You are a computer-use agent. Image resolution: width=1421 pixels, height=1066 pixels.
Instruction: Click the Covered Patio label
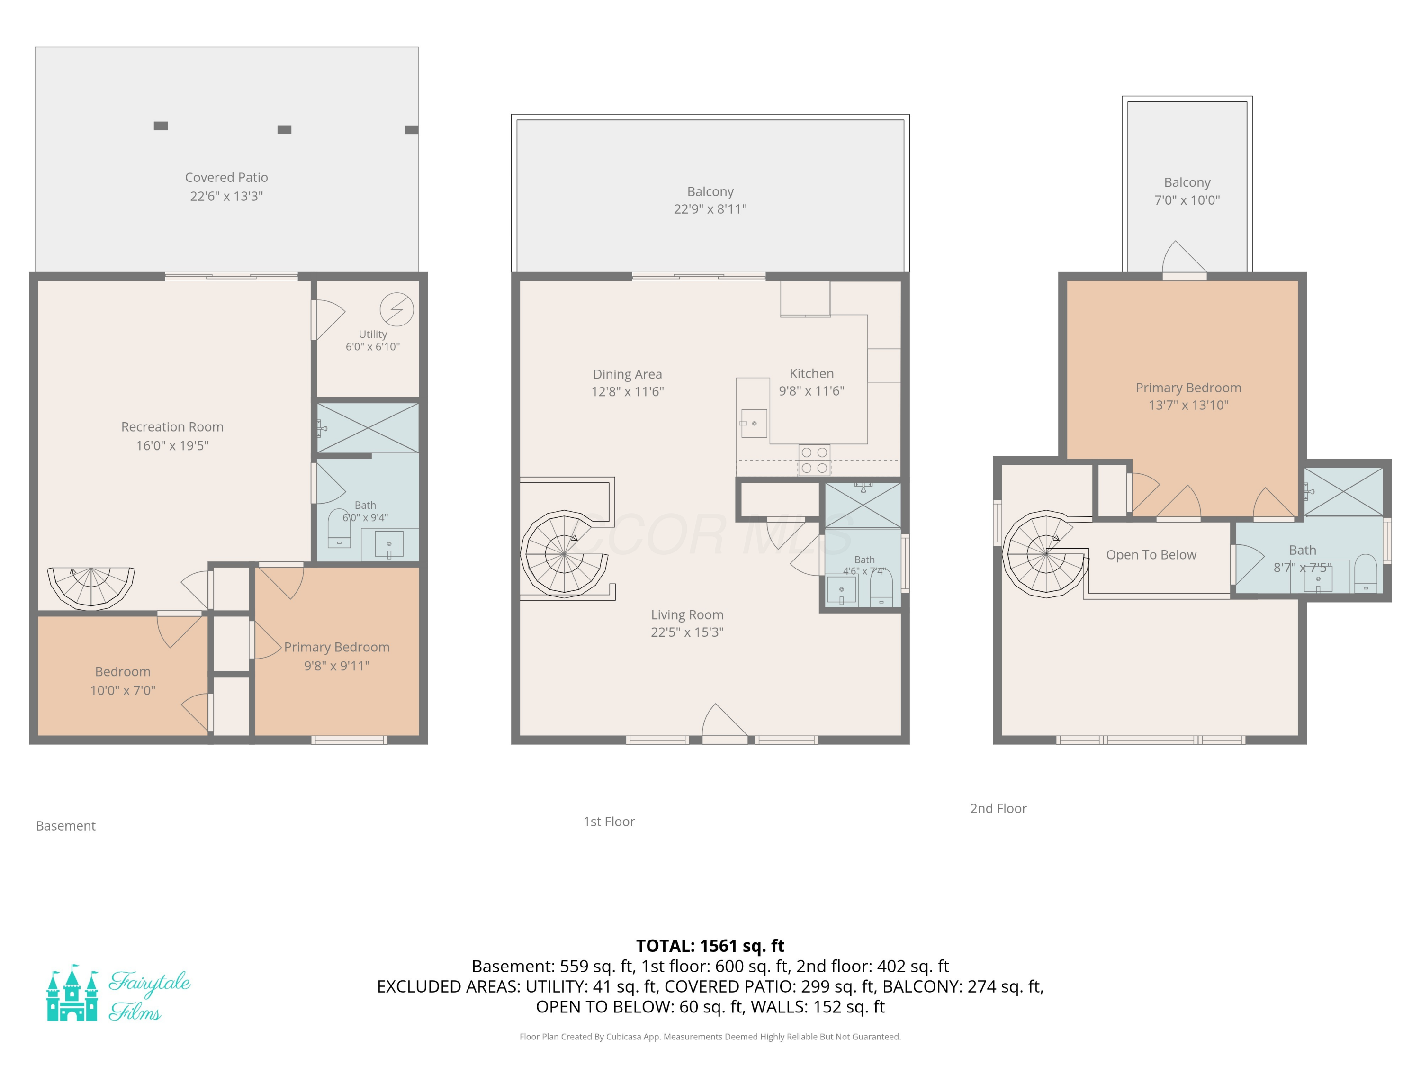click(x=226, y=177)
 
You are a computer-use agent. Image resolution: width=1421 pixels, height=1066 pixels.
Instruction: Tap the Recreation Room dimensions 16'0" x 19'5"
click(x=172, y=445)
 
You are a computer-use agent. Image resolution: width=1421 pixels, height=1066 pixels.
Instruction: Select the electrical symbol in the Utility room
click(x=396, y=309)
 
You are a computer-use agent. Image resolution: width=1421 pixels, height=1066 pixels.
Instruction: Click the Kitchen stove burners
click(x=814, y=460)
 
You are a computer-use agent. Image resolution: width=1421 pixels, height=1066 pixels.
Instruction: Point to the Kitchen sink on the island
click(x=753, y=424)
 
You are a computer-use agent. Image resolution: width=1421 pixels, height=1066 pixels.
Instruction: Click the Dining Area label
click(x=627, y=374)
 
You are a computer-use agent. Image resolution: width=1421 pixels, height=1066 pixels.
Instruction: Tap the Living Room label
click(x=687, y=615)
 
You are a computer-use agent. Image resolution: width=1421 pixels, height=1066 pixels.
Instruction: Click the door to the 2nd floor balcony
click(x=1184, y=260)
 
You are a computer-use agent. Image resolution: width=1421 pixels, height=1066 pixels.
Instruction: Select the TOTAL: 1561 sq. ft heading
click(x=710, y=946)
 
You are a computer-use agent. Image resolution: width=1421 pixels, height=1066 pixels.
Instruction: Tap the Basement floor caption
click(x=65, y=826)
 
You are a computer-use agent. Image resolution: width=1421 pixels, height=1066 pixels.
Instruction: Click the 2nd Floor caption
click(x=998, y=808)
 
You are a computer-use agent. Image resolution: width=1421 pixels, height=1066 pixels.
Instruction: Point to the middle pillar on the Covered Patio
click(x=285, y=130)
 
